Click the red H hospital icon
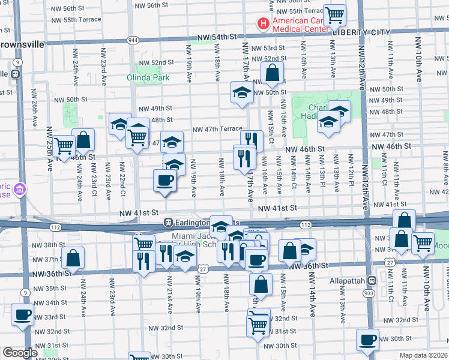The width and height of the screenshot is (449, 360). [x=262, y=23]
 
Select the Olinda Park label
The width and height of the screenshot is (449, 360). [x=144, y=77]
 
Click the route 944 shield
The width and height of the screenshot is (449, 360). [x=133, y=39]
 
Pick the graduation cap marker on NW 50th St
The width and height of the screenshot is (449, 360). [x=242, y=92]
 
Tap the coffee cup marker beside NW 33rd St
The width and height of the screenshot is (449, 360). [x=23, y=314]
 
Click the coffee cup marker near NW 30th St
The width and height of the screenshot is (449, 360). [x=367, y=340]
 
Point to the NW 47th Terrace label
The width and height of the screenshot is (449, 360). [x=217, y=129]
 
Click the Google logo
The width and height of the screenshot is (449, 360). [x=20, y=353]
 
